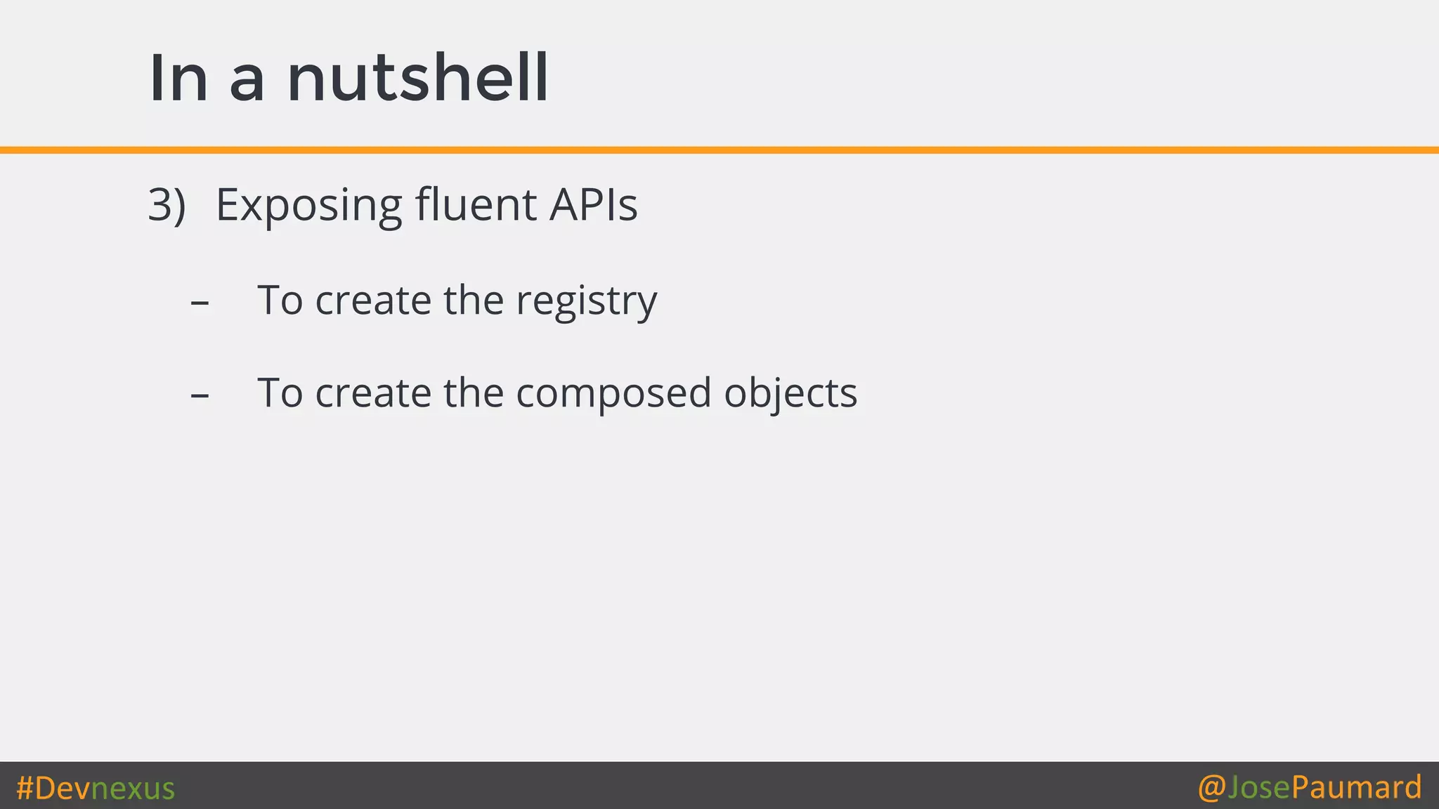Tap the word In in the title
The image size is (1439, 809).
click(178, 79)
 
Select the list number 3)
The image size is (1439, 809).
click(167, 205)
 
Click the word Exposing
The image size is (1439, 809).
click(308, 206)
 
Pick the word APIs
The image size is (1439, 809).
click(593, 205)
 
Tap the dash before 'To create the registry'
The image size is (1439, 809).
click(200, 303)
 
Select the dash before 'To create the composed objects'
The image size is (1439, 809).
click(200, 395)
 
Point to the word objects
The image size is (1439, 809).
click(790, 394)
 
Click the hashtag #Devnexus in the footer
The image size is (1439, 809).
click(96, 788)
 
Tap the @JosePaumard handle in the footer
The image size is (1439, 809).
click(1310, 787)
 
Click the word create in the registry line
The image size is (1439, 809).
click(372, 301)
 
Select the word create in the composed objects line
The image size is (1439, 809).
click(372, 393)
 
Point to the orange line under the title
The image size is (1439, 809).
click(719, 150)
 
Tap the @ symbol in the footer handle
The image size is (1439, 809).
click(1211, 788)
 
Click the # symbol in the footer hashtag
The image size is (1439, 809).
click(25, 788)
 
